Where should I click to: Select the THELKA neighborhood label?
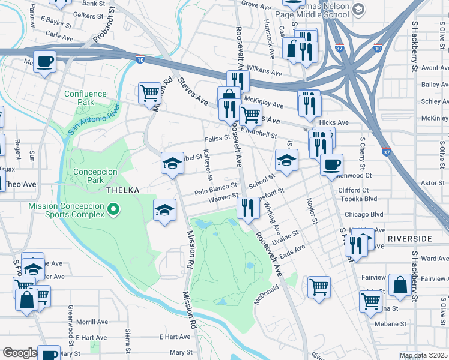point(122,190)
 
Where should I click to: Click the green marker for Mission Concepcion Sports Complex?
point(112,210)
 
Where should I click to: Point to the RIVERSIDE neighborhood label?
point(409,239)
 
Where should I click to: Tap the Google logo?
point(19,353)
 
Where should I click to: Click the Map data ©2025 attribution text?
point(423,355)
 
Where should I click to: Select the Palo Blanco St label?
point(216,189)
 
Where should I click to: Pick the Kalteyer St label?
point(208,164)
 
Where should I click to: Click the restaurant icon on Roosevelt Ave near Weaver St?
point(247,208)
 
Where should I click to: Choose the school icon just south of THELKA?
point(164,210)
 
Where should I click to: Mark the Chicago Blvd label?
point(363,214)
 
